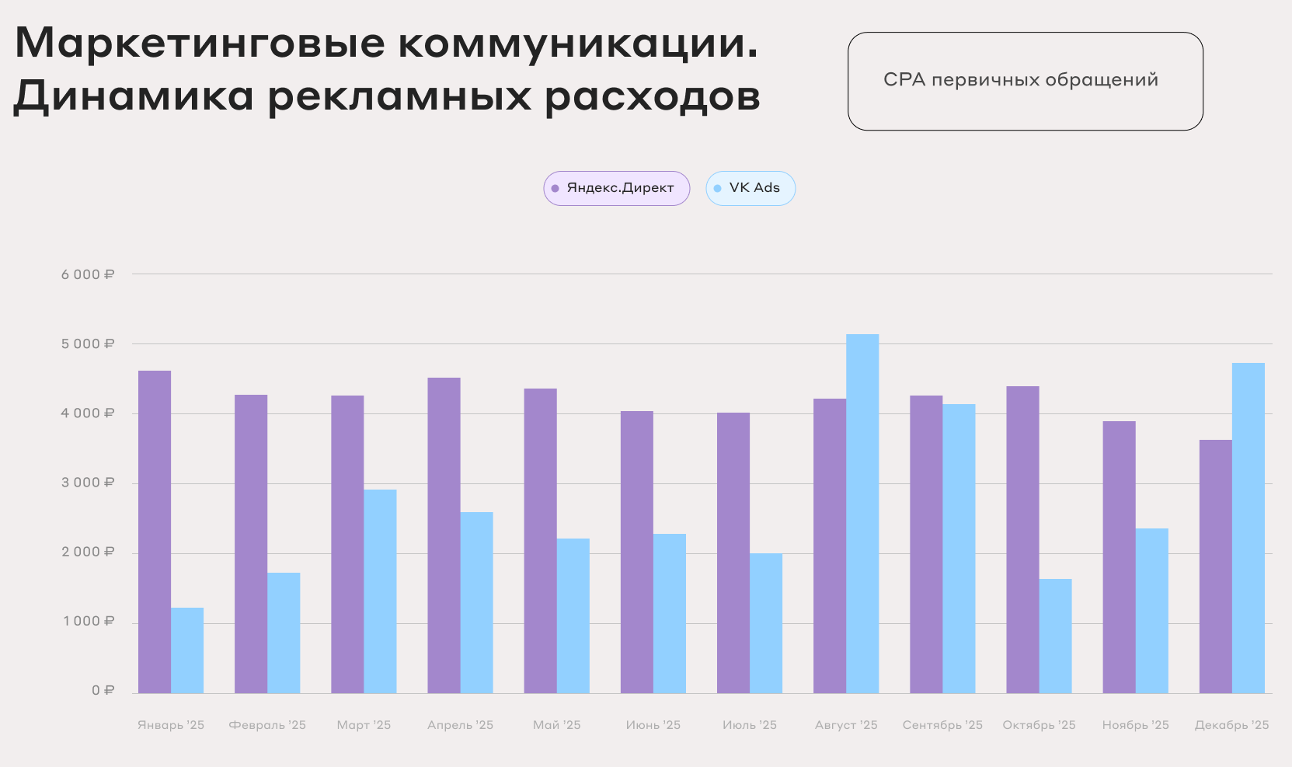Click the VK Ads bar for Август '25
pyautogui.click(x=862, y=514)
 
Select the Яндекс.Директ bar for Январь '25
pyautogui.click(x=155, y=532)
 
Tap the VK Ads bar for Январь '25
pyautogui.click(x=187, y=650)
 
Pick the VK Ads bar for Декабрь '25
pyautogui.click(x=1248, y=528)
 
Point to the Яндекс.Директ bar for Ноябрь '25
pyautogui.click(x=1119, y=557)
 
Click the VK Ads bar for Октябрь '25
pyautogui.click(x=1055, y=636)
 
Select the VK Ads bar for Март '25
pyautogui.click(x=380, y=591)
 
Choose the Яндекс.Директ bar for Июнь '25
pyautogui.click(x=636, y=553)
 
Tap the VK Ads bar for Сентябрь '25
pyautogui.click(x=959, y=549)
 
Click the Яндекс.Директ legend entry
pyautogui.click(x=616, y=188)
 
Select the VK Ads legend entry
pyautogui.click(x=750, y=188)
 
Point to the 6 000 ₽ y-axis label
pyautogui.click(x=88, y=274)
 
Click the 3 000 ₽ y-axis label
pyautogui.click(x=88, y=483)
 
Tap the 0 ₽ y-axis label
pyautogui.click(x=103, y=691)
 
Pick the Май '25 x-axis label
pyautogui.click(x=556, y=725)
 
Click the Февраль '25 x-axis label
pyautogui.click(x=267, y=725)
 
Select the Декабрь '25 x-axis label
pyautogui.click(x=1231, y=725)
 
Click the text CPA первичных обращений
pyautogui.click(x=1021, y=80)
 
